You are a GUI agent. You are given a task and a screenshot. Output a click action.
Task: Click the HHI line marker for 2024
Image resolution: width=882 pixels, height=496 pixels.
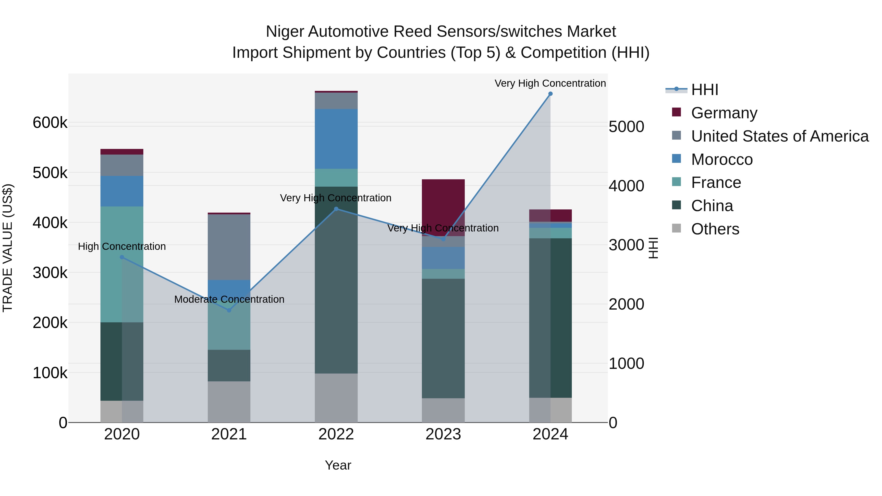(550, 94)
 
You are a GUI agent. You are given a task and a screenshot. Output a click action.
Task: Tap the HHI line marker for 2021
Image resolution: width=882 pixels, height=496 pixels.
(229, 310)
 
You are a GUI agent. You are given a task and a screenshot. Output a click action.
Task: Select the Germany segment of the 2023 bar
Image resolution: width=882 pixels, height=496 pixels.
(443, 206)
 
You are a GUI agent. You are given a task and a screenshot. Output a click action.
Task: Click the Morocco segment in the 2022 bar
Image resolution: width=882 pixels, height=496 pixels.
(336, 139)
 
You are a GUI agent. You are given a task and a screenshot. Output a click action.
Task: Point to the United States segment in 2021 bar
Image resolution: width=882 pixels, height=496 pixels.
(229, 247)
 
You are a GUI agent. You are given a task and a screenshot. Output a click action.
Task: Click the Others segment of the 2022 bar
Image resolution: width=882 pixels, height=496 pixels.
(336, 398)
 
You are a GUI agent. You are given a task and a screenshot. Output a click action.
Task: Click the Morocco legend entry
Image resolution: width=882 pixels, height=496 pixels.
(722, 159)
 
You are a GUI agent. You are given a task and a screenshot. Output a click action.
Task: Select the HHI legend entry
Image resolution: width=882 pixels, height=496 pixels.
(704, 90)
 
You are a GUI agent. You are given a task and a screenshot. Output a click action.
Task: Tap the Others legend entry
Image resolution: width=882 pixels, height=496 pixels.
(715, 229)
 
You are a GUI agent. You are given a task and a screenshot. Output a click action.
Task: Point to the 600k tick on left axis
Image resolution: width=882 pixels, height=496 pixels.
(50, 122)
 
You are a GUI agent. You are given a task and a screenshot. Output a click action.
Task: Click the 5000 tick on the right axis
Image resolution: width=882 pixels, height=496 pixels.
(626, 127)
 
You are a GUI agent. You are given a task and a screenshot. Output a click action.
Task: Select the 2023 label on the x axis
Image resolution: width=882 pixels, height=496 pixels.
(443, 434)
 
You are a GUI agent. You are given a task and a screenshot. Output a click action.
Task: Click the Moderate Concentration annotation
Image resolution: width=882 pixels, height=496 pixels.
(229, 299)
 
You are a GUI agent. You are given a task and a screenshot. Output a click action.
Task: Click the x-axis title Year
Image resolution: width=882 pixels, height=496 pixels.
(338, 465)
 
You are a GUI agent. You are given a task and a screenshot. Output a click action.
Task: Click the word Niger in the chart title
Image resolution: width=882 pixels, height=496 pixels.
(285, 32)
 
